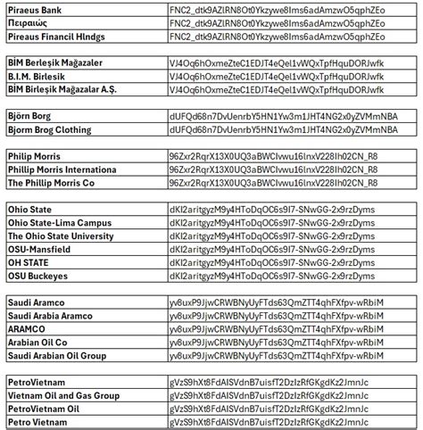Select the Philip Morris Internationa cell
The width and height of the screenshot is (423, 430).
(x=62, y=170)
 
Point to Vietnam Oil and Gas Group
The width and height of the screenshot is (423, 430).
(x=63, y=396)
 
